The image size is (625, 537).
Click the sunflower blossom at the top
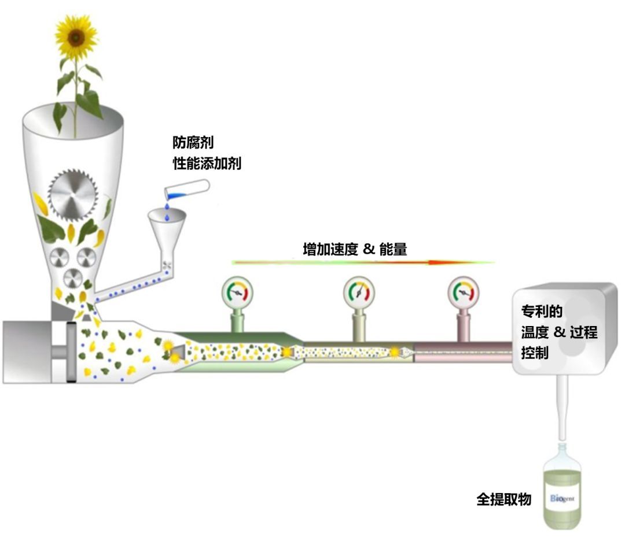click(76, 36)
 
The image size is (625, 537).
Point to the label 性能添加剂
click(207, 164)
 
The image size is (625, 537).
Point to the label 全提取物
click(503, 499)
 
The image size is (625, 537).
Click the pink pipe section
click(463, 352)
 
